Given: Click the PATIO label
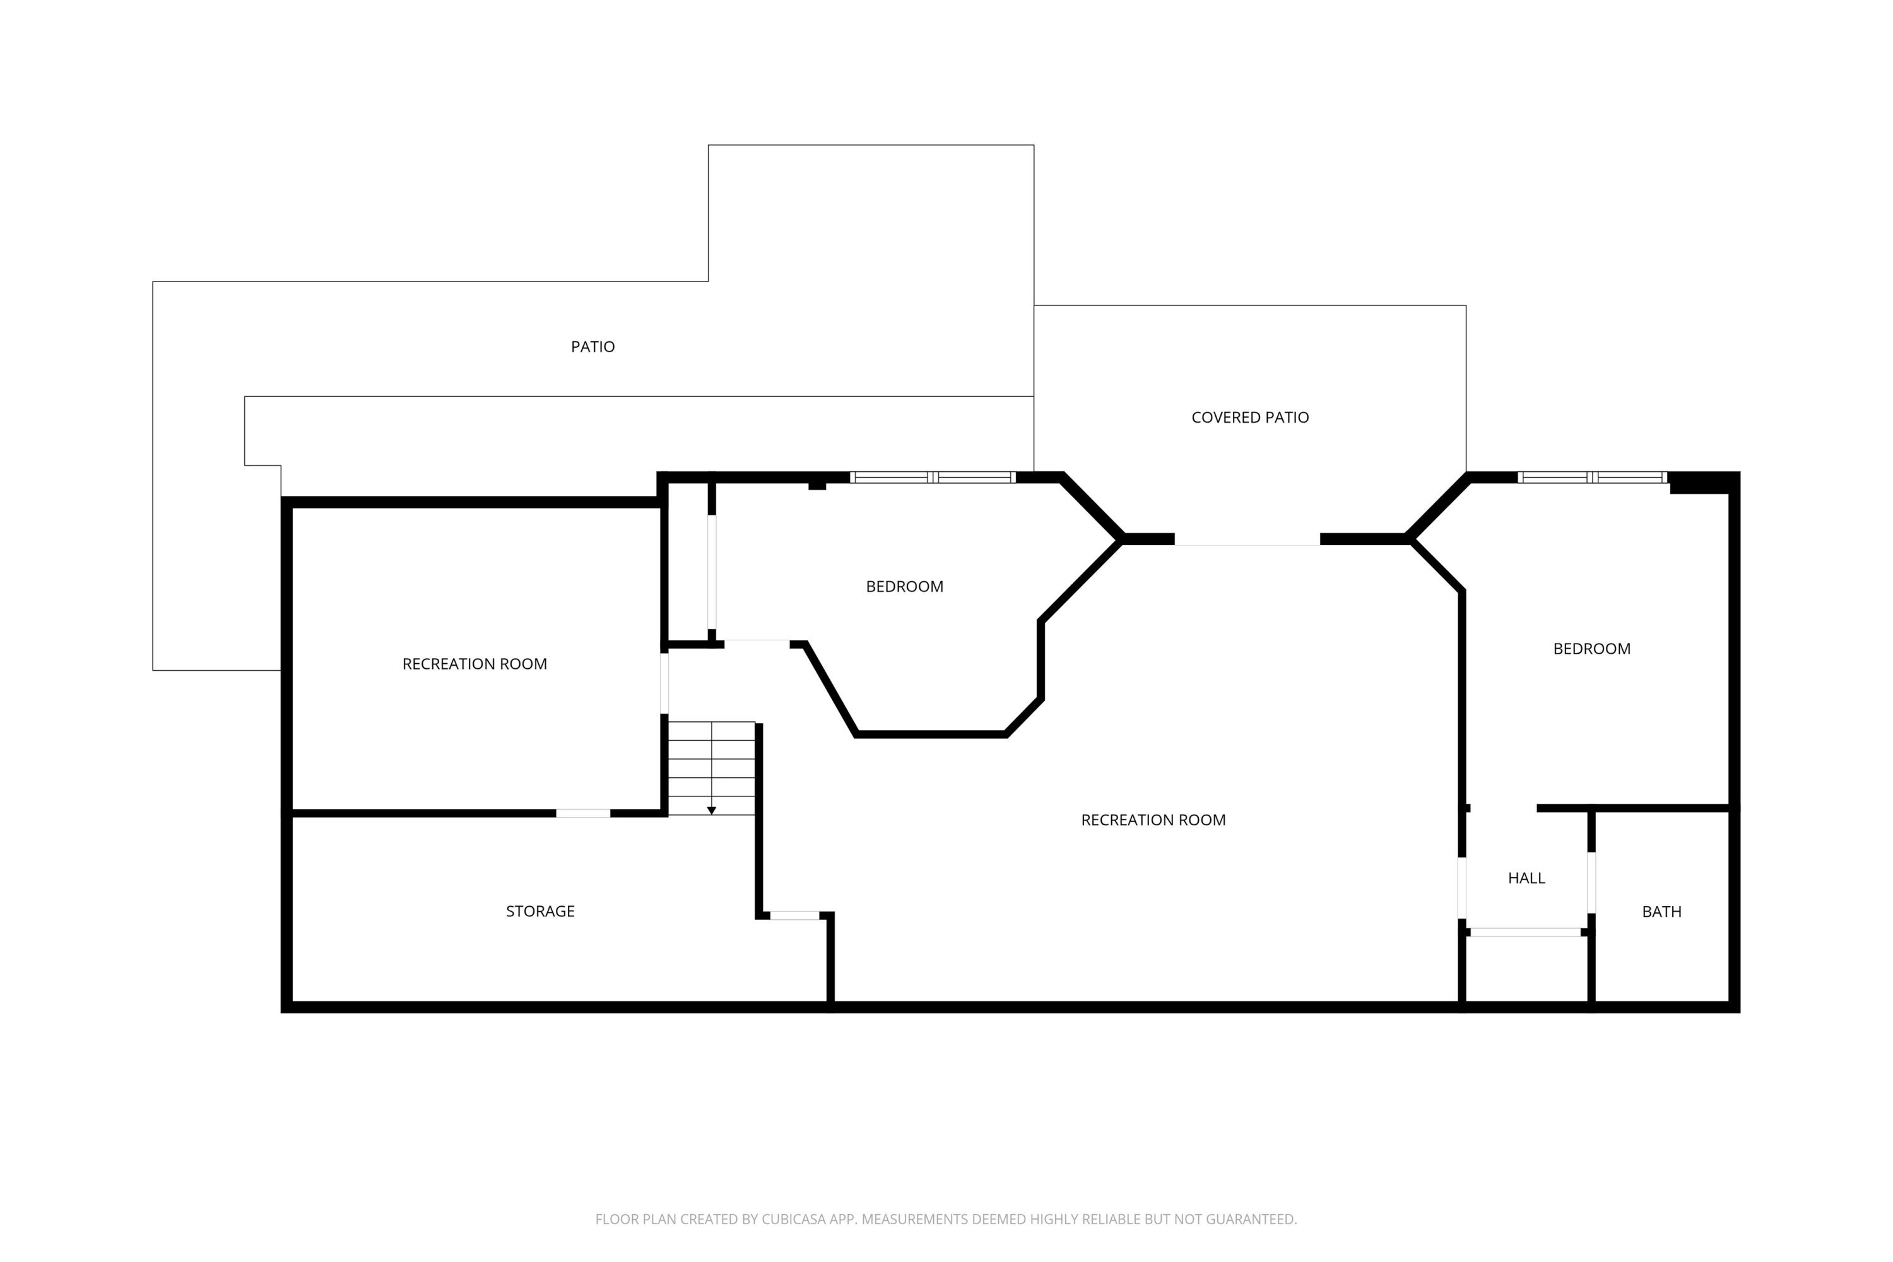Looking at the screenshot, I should (x=593, y=347).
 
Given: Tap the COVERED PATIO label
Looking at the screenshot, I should (x=1249, y=418).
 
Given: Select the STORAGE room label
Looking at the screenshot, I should (x=540, y=911).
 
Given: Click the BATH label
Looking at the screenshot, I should (x=1661, y=912).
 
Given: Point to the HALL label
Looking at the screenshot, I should (x=1526, y=878).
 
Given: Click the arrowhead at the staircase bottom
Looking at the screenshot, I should (x=712, y=810).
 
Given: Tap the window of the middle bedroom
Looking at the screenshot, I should (x=932, y=477).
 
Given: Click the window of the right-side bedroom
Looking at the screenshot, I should (x=1591, y=477).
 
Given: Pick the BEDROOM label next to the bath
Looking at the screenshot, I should (x=1591, y=649).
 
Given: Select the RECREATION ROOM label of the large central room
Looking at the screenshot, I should (x=1153, y=820).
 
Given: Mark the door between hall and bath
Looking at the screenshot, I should (x=1591, y=882).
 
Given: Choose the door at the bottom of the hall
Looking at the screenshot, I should (x=1525, y=932).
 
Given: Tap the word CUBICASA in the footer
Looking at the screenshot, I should (x=794, y=1219).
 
